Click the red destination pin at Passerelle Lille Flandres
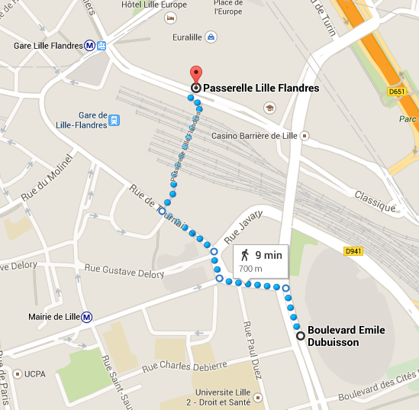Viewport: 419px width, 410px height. (195, 75)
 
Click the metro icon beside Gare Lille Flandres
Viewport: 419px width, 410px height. (90, 46)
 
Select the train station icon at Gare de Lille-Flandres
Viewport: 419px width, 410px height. (114, 119)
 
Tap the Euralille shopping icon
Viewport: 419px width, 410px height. (211, 36)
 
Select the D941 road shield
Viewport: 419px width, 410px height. (353, 250)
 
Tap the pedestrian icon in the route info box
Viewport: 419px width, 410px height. (245, 255)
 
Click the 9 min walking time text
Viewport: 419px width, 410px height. (267, 256)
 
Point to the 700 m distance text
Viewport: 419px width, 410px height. (251, 269)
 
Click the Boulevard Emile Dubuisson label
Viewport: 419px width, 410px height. (346, 337)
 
